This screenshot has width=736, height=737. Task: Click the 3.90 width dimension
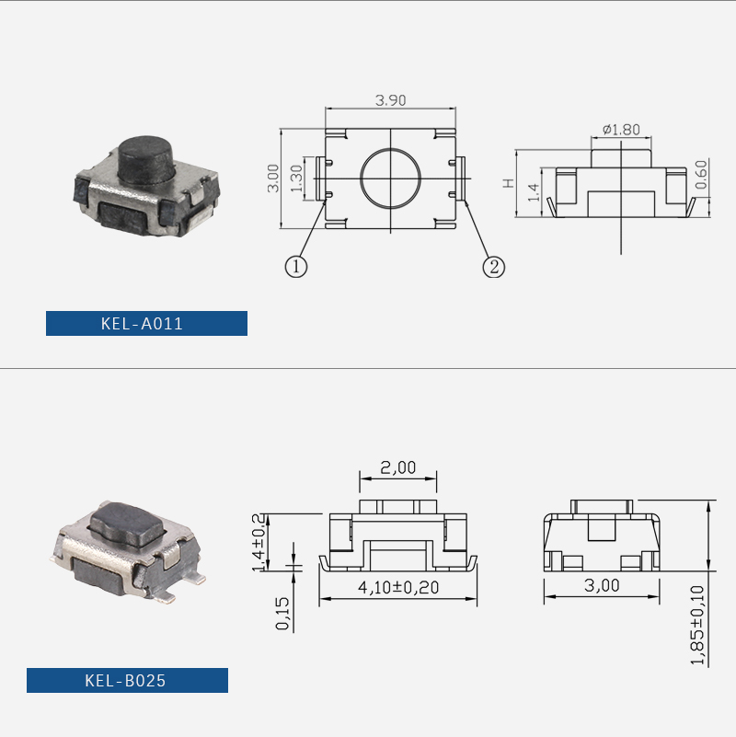[x=390, y=100]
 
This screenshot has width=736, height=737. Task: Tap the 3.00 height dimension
[x=273, y=178]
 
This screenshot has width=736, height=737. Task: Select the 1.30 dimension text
[x=296, y=178]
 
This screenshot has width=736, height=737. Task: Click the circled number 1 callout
[x=296, y=267]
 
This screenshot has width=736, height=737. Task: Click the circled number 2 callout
[x=494, y=267]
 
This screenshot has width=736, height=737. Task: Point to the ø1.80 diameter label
[x=621, y=129]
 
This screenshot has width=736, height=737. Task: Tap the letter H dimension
[x=509, y=183]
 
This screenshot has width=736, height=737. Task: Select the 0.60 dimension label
[x=701, y=175]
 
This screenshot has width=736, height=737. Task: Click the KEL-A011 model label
[x=142, y=323]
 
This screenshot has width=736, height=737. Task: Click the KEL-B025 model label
[x=125, y=680]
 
